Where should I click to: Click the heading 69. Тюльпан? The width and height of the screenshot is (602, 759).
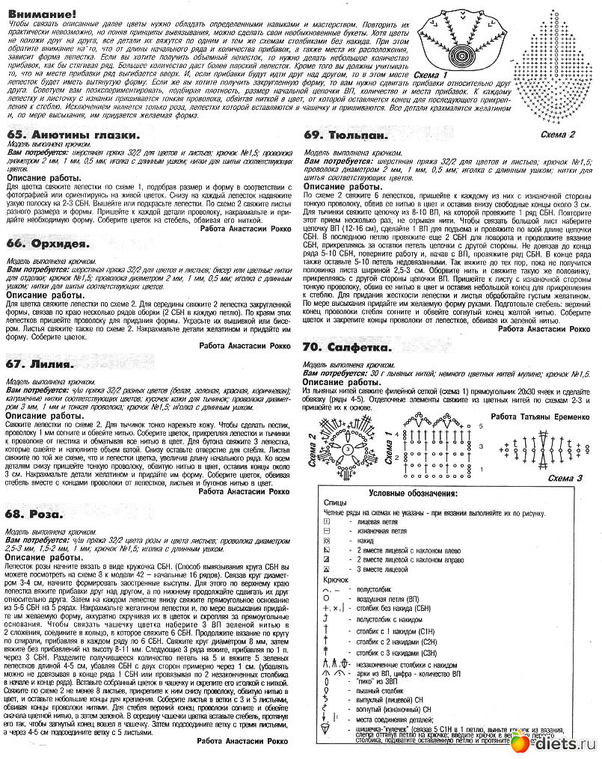pos(345,135)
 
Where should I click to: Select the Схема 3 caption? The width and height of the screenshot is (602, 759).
pos(565,478)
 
